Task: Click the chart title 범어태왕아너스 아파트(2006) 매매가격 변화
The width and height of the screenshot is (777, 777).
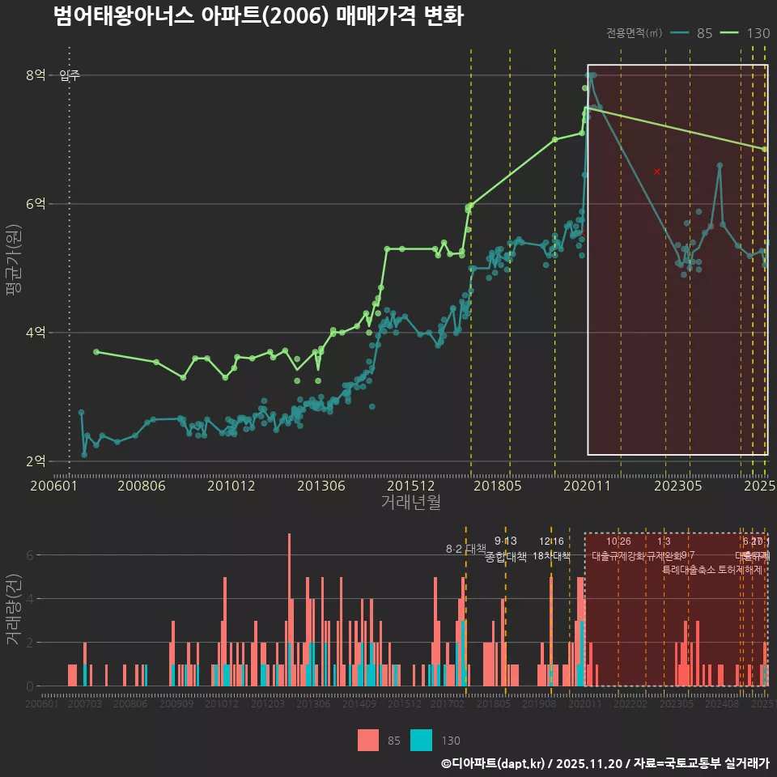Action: pos(257,17)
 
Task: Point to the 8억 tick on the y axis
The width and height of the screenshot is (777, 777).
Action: pos(36,75)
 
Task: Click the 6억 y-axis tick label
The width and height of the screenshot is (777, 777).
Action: pos(36,204)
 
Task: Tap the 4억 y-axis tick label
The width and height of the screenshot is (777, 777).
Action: pos(36,333)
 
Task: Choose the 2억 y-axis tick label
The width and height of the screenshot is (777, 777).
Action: pos(36,461)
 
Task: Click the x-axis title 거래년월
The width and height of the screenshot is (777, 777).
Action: pos(411,503)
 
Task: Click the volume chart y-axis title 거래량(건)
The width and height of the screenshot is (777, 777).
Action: pos(13,609)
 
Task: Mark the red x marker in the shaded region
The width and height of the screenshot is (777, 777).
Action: pos(656,172)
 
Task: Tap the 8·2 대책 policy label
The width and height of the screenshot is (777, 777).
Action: pos(465,549)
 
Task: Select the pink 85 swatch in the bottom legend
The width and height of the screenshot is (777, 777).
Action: pos(368,740)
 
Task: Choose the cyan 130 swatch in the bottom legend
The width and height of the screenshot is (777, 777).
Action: pos(421,740)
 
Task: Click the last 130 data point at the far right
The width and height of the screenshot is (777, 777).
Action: pos(764,149)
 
